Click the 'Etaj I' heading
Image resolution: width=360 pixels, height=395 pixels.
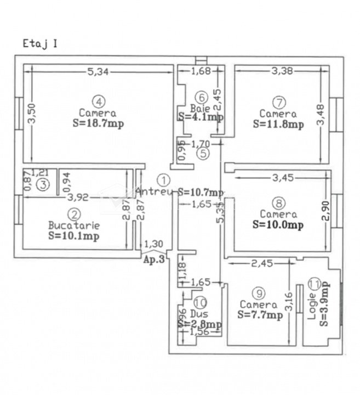[x=40, y=43]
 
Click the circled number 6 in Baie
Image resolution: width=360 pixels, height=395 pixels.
[x=202, y=98]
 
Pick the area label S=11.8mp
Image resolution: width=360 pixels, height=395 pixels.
[x=278, y=124]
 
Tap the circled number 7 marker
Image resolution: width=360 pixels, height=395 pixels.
[x=279, y=102]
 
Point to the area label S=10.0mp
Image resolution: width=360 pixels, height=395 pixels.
[x=278, y=224]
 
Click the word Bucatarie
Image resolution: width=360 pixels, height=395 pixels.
[x=73, y=225]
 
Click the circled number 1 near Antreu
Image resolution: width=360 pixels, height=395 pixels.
[x=163, y=179]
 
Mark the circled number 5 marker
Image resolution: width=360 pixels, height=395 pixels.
[x=203, y=153]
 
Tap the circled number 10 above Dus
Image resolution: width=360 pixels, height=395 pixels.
[x=200, y=302]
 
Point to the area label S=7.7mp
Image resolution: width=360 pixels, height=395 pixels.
[x=260, y=315]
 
